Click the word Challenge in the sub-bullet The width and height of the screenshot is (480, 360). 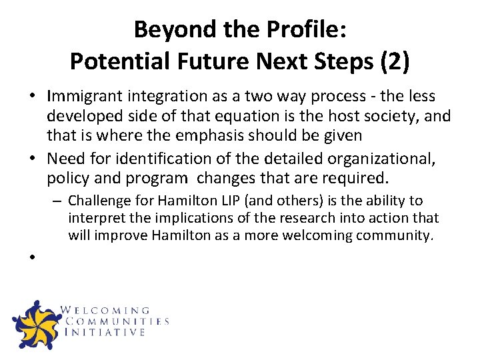click(99, 201)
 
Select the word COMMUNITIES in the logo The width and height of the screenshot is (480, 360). click(116, 321)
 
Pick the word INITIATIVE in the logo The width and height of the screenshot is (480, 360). click(105, 332)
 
